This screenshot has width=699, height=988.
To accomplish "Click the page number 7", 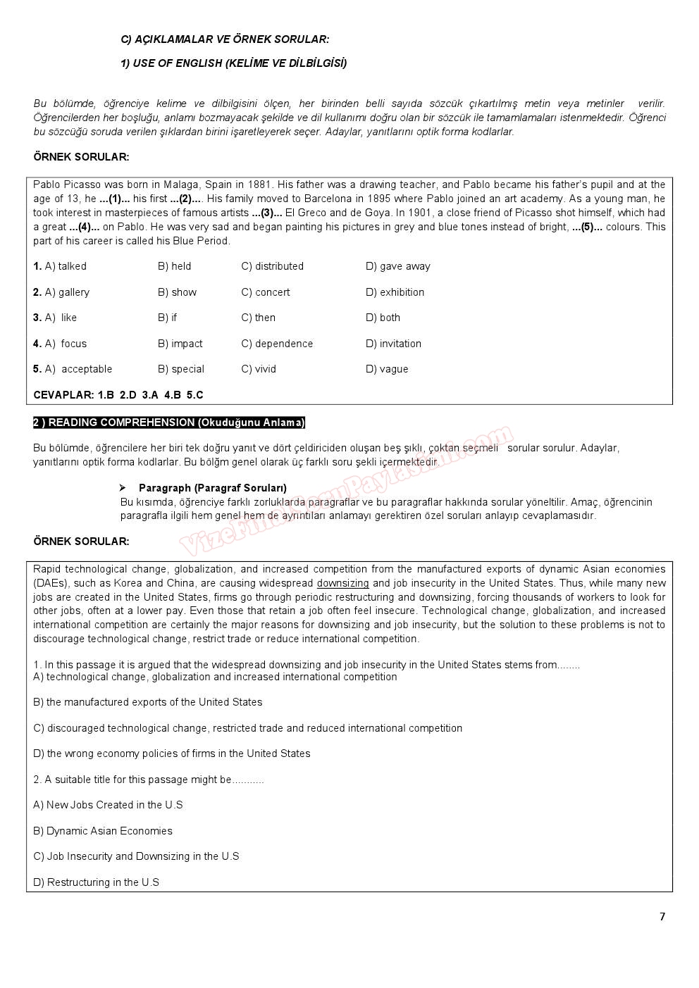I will [x=662, y=916].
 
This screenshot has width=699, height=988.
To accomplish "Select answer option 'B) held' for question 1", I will [x=174, y=266].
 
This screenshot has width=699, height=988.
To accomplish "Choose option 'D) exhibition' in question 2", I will [x=395, y=292].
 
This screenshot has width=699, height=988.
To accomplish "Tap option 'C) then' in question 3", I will [x=258, y=318].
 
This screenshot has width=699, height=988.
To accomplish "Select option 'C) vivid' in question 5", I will [x=258, y=369].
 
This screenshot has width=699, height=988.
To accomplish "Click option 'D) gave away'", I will [x=397, y=266].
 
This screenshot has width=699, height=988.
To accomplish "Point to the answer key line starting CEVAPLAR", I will [x=118, y=395].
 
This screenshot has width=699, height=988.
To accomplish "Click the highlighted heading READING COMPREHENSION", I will [x=169, y=423].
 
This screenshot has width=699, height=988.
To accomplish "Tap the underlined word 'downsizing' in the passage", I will [x=342, y=583].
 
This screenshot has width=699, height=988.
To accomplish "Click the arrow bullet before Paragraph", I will [x=123, y=487].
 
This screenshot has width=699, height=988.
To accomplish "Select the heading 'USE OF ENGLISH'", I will [x=233, y=63].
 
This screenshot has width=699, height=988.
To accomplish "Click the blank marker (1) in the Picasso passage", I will [x=115, y=199].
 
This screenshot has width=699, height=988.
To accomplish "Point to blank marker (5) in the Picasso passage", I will [x=587, y=227].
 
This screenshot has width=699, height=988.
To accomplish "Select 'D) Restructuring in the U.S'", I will [x=96, y=882].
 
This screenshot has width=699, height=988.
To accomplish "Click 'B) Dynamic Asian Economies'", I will [x=103, y=831].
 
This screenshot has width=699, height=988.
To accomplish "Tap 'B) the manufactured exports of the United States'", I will [x=147, y=702].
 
